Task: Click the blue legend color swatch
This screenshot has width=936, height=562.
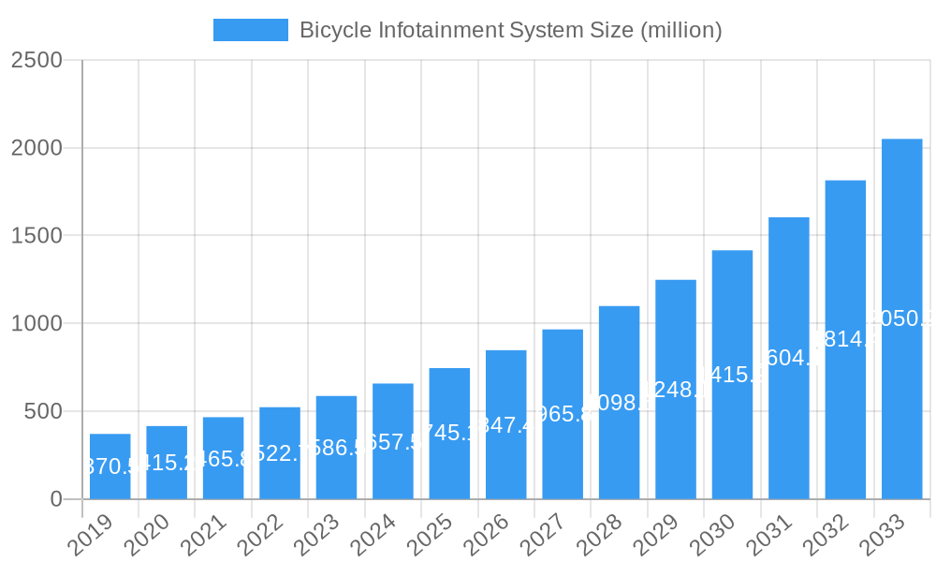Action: pyautogui.click(x=250, y=30)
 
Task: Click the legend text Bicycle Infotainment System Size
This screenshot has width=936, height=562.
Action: pyautogui.click(x=510, y=30)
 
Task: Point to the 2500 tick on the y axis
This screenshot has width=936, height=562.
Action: pyautogui.click(x=37, y=60)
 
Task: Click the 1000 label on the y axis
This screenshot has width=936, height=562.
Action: pyautogui.click(x=37, y=324)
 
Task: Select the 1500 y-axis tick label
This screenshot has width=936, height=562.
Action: pyautogui.click(x=37, y=236)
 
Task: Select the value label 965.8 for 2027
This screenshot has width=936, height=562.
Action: pyautogui.click(x=563, y=414)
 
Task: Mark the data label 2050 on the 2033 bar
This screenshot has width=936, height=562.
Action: pyautogui.click(x=901, y=318)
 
